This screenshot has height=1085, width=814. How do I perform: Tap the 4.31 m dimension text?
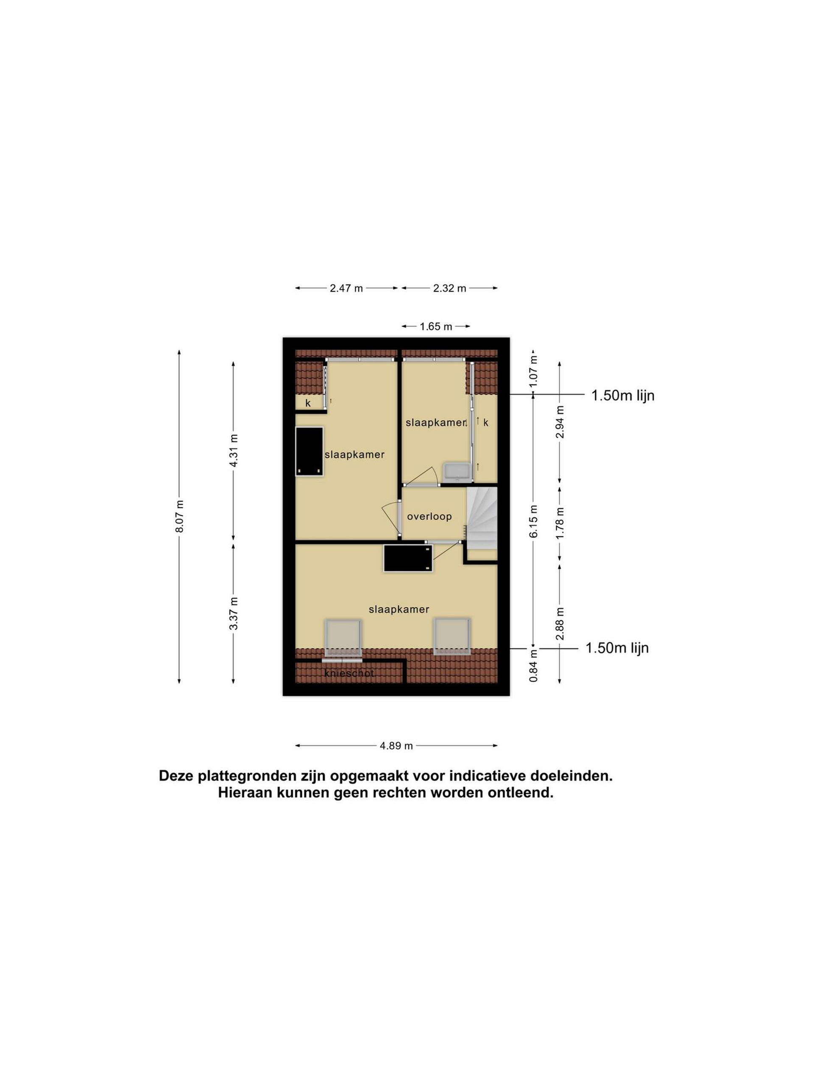[x=234, y=450]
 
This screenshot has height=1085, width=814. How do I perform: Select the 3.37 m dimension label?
[x=234, y=614]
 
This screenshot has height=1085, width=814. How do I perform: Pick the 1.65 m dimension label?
[x=436, y=327]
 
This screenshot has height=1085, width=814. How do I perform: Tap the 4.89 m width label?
[x=396, y=746]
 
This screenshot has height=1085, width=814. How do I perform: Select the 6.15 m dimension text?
[x=533, y=521]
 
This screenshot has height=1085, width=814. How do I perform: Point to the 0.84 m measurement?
[x=533, y=665]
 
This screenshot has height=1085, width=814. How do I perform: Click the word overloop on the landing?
[x=429, y=517]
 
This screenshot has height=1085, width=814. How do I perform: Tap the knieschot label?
[x=349, y=673]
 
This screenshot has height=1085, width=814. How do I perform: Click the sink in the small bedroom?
[x=458, y=471]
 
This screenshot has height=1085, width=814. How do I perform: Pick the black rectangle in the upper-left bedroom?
[x=309, y=451]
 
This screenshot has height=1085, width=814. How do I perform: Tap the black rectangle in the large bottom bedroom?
[x=408, y=558]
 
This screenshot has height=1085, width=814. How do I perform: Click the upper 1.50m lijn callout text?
[x=623, y=395]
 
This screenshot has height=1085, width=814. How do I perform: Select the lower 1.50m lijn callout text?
[x=617, y=648]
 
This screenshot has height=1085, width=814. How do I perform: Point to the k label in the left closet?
[x=308, y=403]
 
